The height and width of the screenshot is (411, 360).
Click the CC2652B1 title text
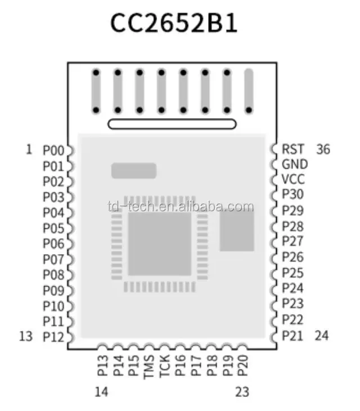coord(174,24)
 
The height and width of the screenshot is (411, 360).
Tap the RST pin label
coord(292,150)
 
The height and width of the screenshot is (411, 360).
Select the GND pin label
coord(295,165)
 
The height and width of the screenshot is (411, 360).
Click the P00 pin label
coord(54,150)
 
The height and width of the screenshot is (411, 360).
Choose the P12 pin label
coord(54,336)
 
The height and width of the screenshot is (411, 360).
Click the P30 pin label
coord(293,195)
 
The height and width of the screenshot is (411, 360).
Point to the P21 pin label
coord(293,336)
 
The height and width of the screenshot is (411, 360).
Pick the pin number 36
coord(323,150)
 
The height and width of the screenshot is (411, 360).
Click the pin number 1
coord(29,150)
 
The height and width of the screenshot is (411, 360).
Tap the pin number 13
coord(26,336)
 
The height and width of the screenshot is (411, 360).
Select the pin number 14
coord(102,392)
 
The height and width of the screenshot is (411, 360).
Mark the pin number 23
coord(242,392)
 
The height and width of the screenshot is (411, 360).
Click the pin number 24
coord(322,336)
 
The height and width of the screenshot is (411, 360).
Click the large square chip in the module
coord(160,243)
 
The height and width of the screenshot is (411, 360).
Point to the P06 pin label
coord(54,243)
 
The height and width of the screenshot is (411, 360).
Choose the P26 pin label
coord(293,258)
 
